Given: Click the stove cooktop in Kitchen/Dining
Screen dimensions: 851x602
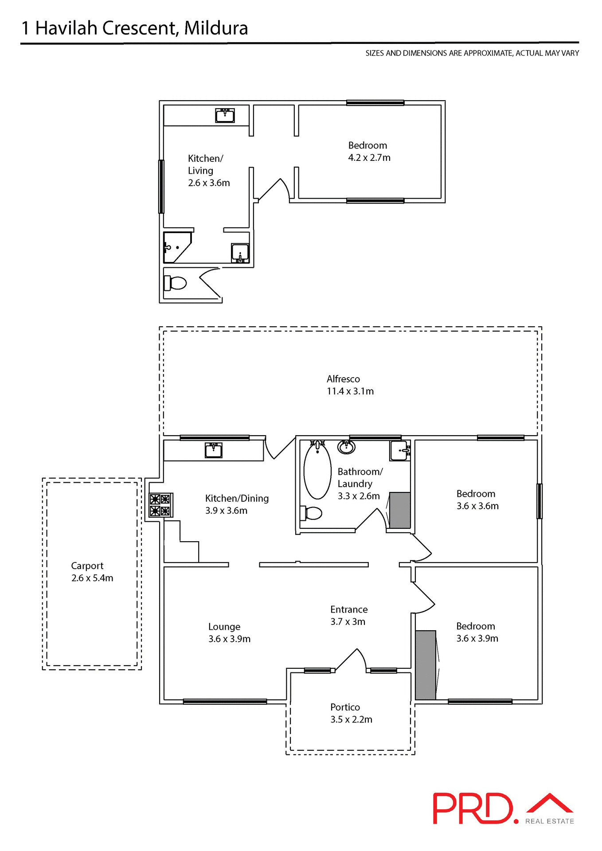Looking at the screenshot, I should [x=160, y=505].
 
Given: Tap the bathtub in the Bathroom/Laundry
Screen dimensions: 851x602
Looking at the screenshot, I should [x=317, y=471].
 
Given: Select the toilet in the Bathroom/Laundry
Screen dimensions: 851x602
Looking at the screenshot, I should [x=312, y=513].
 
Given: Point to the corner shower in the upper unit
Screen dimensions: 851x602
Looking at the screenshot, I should [x=176, y=247].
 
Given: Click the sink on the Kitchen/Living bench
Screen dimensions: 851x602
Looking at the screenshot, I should [x=225, y=116].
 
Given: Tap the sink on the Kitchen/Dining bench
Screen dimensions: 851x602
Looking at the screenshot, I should [x=213, y=451].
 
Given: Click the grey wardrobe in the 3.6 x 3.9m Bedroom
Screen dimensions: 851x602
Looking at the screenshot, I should [x=426, y=665].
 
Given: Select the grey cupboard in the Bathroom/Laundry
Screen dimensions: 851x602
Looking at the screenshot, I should [x=400, y=510].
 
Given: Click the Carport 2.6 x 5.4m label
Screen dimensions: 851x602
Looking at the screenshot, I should [x=92, y=572].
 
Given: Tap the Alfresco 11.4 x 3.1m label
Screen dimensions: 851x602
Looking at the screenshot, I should [x=350, y=385].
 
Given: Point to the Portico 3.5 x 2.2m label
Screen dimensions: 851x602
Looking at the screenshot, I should [x=351, y=713].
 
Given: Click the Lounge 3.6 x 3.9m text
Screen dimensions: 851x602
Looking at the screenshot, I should [x=229, y=632].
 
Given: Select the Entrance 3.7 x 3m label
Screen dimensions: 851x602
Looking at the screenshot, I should [x=348, y=615].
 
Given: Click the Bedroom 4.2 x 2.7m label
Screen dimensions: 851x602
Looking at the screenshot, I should [x=369, y=152].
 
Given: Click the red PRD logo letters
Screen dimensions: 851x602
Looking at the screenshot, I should [x=473, y=808].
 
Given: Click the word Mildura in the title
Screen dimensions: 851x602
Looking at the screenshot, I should [x=216, y=28].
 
